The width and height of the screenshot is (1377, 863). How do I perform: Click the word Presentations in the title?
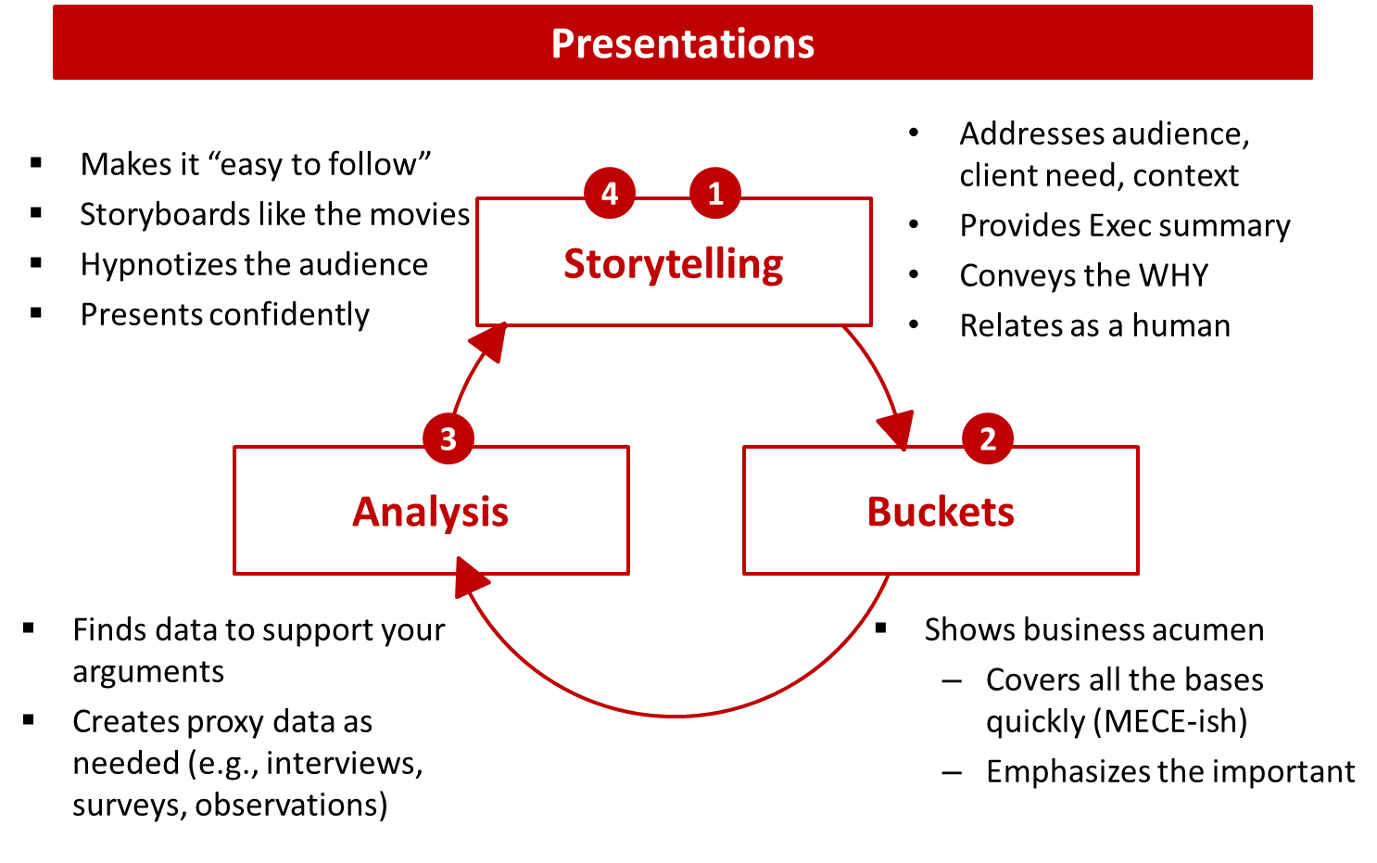683,44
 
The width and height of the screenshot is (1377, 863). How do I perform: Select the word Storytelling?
674,264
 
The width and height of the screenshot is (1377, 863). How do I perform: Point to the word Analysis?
431,512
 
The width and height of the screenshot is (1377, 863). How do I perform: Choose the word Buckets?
941,512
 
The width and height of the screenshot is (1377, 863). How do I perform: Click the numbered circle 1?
715,193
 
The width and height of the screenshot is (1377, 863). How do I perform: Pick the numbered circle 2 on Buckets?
988,438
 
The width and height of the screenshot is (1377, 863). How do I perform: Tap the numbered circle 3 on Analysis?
448,438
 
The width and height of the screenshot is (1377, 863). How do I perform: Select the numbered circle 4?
610,193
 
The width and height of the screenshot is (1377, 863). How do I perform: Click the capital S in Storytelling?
575,264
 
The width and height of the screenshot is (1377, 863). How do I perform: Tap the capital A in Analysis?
366,512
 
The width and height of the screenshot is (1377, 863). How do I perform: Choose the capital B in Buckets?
879,512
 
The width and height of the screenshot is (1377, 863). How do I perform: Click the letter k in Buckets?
941,512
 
